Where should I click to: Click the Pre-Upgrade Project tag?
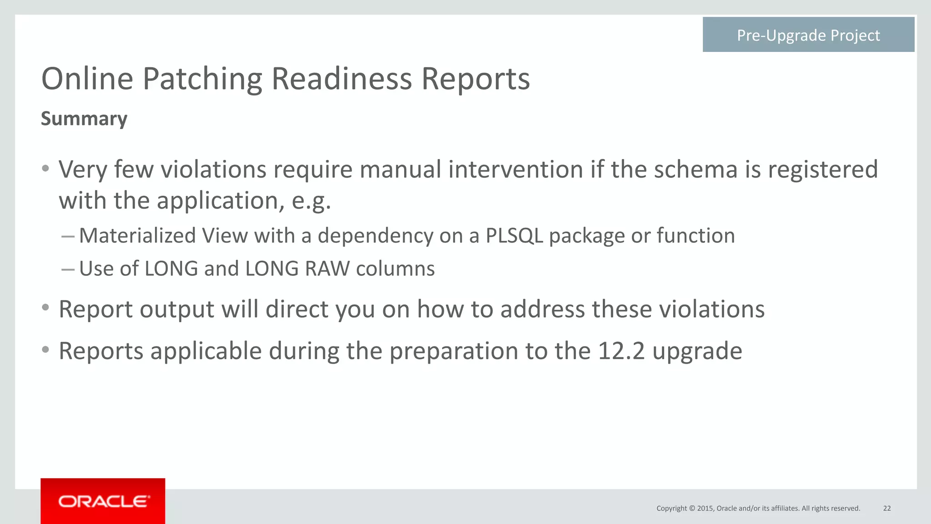point(808,35)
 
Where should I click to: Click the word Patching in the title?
point(202,79)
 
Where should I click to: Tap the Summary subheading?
point(84,119)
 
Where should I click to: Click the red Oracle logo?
point(103,501)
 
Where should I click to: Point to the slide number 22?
point(886,508)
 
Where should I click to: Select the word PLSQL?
point(514,236)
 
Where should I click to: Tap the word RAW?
point(327,269)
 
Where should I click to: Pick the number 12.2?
point(621,351)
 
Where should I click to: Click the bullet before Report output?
point(45,308)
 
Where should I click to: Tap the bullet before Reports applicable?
point(45,350)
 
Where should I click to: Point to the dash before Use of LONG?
point(68,269)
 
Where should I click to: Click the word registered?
point(823,170)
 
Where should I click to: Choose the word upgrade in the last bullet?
point(697,351)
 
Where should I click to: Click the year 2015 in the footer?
point(705,508)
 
